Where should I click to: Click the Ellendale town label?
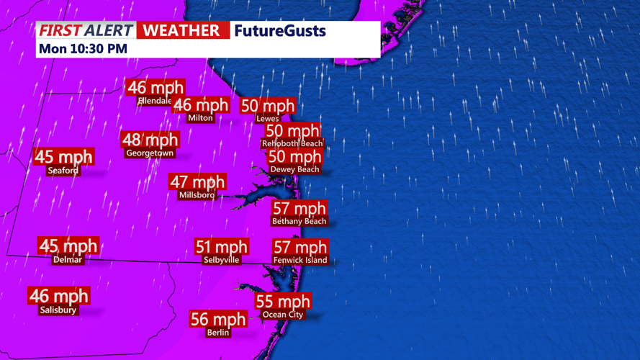point(155,102)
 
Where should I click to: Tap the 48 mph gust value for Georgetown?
point(150,140)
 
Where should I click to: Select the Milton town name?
point(200,118)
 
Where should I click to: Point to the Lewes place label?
point(267,119)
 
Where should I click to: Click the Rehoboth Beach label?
point(292,144)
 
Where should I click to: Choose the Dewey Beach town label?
point(294,170)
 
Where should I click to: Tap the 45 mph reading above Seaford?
point(63,156)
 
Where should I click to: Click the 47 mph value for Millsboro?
point(197,181)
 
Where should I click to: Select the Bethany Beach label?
point(299,222)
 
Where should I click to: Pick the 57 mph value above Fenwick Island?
point(300,247)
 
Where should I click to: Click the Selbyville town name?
point(221,260)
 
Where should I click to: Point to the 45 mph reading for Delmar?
point(68,246)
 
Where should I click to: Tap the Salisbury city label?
point(58,310)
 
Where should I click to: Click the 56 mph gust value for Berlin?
point(217,319)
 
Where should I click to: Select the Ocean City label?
point(283,315)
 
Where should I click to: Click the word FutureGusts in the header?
point(280,31)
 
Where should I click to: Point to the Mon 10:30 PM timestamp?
point(83,49)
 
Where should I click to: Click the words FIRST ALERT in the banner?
point(86,30)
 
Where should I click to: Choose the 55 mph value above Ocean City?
point(283,301)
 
